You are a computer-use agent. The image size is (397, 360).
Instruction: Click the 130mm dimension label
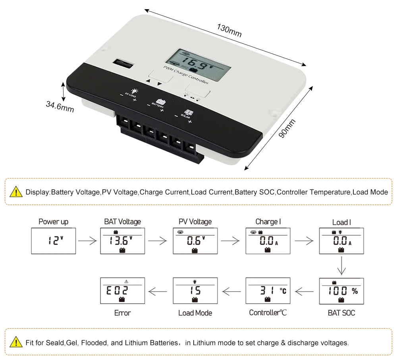click(229, 30)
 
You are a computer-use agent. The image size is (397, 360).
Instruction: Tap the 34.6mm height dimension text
click(60, 106)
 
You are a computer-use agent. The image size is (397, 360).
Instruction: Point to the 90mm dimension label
click(287, 128)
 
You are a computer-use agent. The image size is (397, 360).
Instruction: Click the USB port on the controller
click(123, 63)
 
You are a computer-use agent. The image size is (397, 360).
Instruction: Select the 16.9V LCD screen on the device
click(198, 65)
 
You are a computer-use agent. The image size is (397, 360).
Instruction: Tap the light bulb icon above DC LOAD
click(134, 91)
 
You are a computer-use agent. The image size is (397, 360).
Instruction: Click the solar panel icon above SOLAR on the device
click(189, 112)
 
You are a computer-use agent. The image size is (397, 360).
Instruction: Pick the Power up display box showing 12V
click(54, 241)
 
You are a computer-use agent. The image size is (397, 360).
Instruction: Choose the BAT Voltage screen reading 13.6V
click(123, 241)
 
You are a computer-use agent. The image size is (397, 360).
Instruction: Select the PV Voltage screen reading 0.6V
click(195, 241)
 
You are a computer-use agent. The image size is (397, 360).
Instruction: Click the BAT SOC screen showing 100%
click(341, 291)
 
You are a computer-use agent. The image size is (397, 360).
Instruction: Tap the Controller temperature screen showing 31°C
click(268, 290)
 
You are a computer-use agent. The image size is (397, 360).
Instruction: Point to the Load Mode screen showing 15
click(195, 290)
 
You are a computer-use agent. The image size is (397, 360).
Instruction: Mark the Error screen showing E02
click(123, 290)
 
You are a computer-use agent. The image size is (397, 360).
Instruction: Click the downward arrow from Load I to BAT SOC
click(341, 265)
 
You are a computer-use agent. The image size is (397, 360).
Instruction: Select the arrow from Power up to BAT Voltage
click(87, 241)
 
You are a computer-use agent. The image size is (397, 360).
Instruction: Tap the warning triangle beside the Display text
click(16, 192)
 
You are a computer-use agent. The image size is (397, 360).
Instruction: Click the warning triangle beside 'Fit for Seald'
click(16, 342)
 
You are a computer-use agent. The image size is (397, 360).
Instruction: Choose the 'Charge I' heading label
click(268, 222)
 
